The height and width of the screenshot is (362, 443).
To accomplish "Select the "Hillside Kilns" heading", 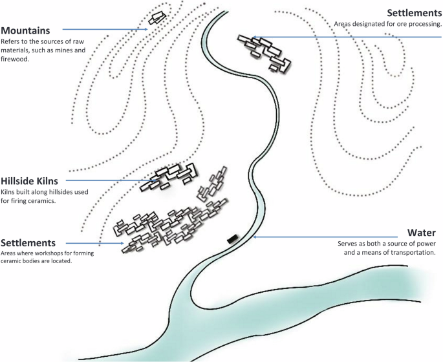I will click(x=33, y=181).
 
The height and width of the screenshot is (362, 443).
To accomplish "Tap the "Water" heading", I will click(x=422, y=232).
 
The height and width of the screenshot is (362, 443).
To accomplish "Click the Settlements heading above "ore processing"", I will click(x=414, y=12).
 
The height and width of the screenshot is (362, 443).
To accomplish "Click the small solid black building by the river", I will click(x=232, y=239).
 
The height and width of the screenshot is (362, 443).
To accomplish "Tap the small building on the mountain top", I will click(x=156, y=18).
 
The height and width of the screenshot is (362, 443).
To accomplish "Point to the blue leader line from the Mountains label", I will click(x=103, y=29).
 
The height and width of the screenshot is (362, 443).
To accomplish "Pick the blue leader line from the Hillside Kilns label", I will click(x=113, y=180).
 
